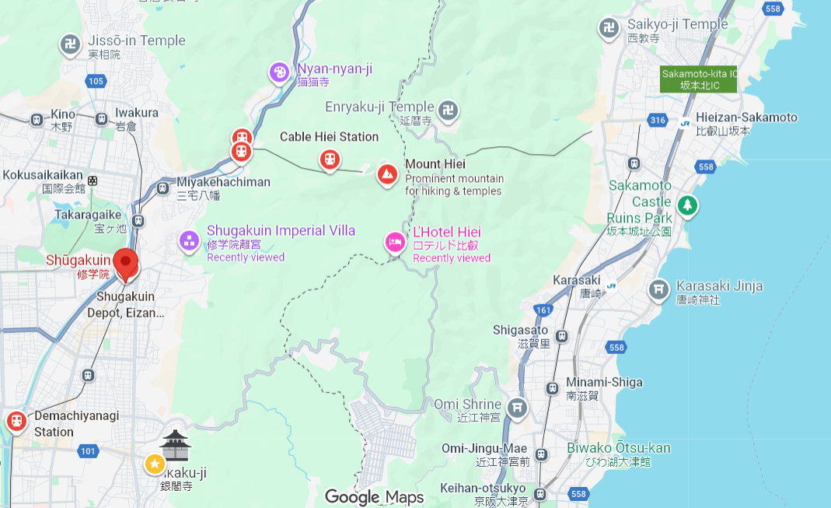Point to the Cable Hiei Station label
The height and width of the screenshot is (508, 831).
pyautogui.click(x=329, y=137)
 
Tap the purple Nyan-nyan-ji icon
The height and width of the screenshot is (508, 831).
pyautogui.click(x=279, y=73)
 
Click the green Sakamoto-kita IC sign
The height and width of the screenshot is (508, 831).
pyautogui.click(x=698, y=79)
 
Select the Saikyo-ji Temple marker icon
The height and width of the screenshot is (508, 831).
pyautogui.click(x=609, y=29)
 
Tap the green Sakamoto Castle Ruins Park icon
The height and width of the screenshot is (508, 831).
pyautogui.click(x=687, y=206)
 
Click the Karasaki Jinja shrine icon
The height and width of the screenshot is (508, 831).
pyautogui.click(x=658, y=290)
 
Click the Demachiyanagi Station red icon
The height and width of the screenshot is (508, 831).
pyautogui.click(x=16, y=422)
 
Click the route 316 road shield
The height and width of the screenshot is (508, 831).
pyautogui.click(x=658, y=120)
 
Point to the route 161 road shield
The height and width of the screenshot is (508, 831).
pyautogui.click(x=543, y=310)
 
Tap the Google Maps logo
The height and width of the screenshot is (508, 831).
pyautogui.click(x=374, y=497)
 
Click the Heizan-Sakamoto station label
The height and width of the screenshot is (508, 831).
pyautogui.click(x=746, y=117)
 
